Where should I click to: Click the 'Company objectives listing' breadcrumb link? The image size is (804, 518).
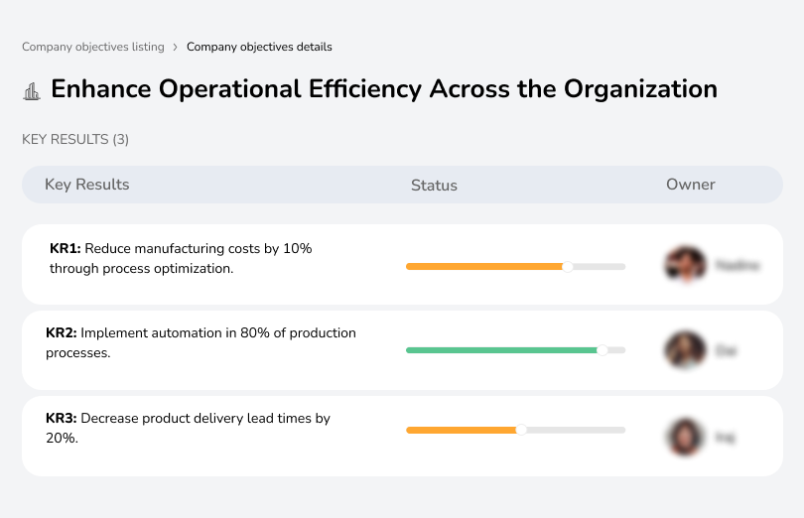(93, 47)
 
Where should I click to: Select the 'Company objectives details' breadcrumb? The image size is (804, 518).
(259, 47)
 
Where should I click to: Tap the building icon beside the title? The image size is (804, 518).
(32, 90)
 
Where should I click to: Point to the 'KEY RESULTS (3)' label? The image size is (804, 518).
(75, 140)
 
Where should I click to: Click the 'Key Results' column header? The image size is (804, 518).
(86, 185)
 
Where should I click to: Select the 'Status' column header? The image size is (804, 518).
(434, 186)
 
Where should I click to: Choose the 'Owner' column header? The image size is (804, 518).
(691, 185)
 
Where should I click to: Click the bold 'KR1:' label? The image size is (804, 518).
(65, 249)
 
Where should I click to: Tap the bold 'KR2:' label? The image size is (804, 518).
(62, 333)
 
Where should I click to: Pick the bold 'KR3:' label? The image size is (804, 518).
(62, 419)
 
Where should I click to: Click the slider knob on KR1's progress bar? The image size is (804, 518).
(568, 266)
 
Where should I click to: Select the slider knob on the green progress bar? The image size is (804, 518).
(602, 350)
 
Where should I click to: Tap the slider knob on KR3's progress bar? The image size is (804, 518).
(521, 430)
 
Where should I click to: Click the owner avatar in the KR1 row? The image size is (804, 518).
(685, 265)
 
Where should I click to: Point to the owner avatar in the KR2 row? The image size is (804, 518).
(685, 350)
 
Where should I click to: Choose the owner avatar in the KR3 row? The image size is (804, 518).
(685, 436)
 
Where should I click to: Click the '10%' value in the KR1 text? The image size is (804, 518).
(298, 249)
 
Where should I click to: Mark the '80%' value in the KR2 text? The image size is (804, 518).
(251, 333)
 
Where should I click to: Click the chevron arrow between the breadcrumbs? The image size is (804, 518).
(176, 47)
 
